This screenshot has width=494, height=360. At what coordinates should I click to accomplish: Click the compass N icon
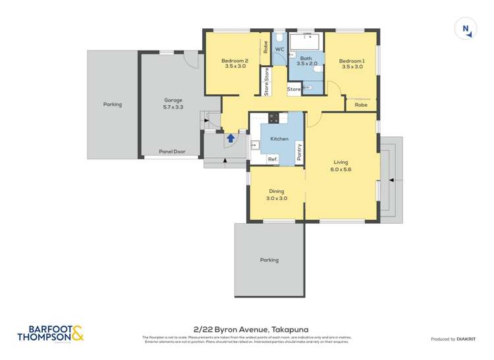pos(465,29)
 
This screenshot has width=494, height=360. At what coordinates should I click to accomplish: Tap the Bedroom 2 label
pos(235,63)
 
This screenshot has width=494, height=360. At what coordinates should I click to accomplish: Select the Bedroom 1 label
pos(350,64)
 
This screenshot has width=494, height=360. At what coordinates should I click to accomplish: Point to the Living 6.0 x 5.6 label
pos(341,165)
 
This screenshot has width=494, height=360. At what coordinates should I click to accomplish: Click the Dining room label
pos(276,195)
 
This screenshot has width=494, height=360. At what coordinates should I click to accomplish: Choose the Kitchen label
pos(279,139)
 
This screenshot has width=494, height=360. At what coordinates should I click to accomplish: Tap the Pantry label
pos(300,152)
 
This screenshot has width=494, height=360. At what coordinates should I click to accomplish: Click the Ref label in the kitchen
pos(272,159)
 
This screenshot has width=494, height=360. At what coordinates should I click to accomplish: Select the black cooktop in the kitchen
pos(273,118)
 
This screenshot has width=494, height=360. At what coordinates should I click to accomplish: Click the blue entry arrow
pos(231,138)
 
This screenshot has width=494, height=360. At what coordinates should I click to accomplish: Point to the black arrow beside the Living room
pos(391,179)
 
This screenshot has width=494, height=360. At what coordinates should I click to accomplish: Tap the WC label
pos(279,49)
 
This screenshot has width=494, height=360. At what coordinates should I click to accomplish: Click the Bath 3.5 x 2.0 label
pos(307,61)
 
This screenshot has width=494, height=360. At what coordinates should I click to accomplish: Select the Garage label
pos(173,103)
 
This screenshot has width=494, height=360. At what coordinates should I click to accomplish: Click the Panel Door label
pos(172,151)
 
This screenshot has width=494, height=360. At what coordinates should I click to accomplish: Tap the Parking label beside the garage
pos(113,104)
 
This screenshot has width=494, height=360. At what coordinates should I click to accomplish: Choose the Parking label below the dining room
pos(269,260)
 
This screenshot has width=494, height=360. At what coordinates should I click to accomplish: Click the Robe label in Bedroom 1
pos(361,105)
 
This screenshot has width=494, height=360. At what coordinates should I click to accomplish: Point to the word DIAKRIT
pos(469,339)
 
